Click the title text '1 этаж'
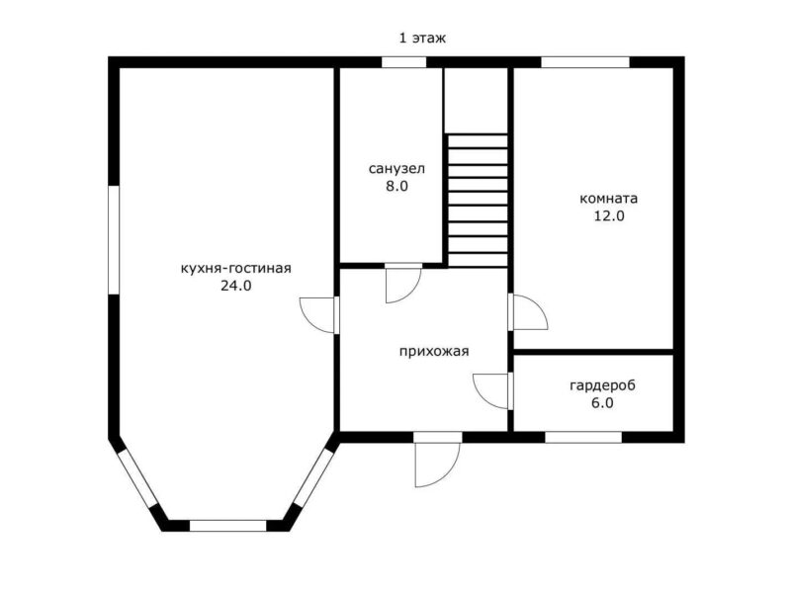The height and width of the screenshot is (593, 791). point(422,38)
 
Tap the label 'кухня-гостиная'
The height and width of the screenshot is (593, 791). point(235,268)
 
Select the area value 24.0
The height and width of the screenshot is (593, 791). point(235,286)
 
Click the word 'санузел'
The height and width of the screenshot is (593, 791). point(396,168)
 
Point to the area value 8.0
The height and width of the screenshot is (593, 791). point(396,186)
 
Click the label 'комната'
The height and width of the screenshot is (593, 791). point(608,199)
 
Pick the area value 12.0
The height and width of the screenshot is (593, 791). point(608,215)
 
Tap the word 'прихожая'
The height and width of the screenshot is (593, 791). point(434,351)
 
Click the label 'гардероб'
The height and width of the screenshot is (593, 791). point(602,385)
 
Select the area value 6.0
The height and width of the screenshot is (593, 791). point(602,403)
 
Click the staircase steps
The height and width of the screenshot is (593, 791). point(478,201)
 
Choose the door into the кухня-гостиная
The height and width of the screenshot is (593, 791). point(316,315)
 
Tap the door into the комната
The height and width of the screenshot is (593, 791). point(530,312)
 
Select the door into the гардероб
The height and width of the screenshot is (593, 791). point(490,391)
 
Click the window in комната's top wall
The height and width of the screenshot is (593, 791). point(585,62)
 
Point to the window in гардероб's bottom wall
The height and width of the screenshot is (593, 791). point(583,437)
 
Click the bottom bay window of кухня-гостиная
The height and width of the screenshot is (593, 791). point(228,526)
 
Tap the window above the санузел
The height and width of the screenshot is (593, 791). point(403,62)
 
